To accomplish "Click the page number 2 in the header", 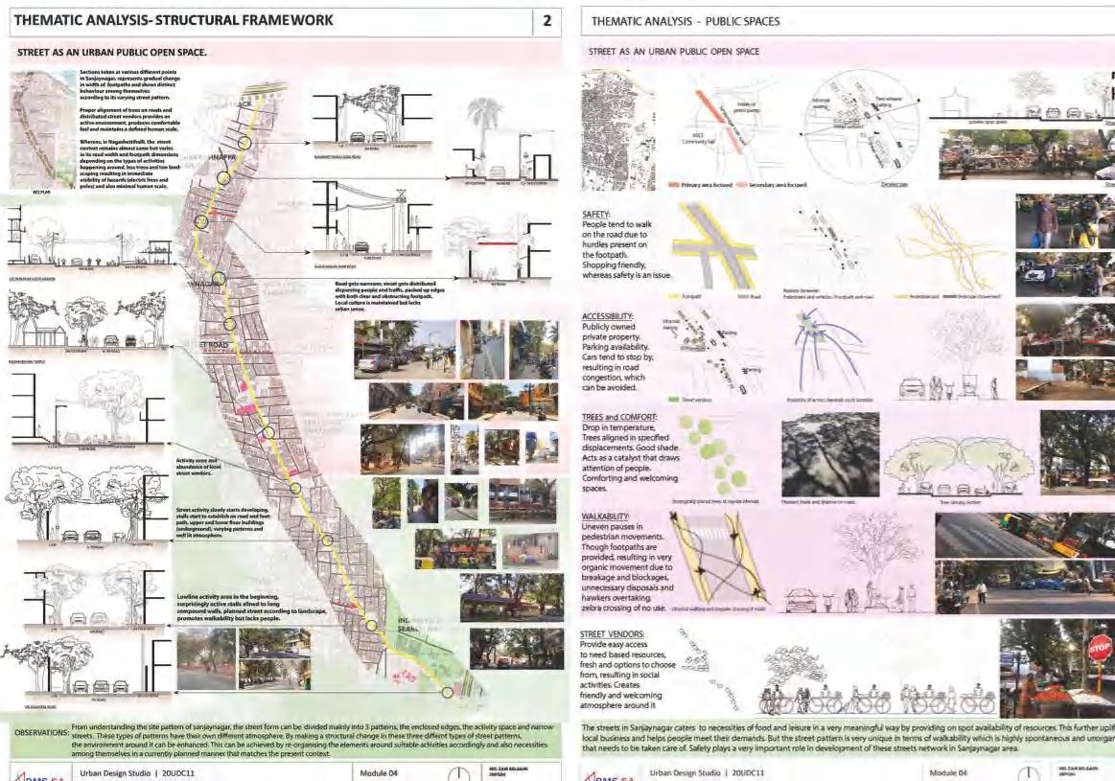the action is [x=546, y=20].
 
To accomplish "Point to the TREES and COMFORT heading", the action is [x=619, y=417].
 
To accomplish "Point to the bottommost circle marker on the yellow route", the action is [x=447, y=691].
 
